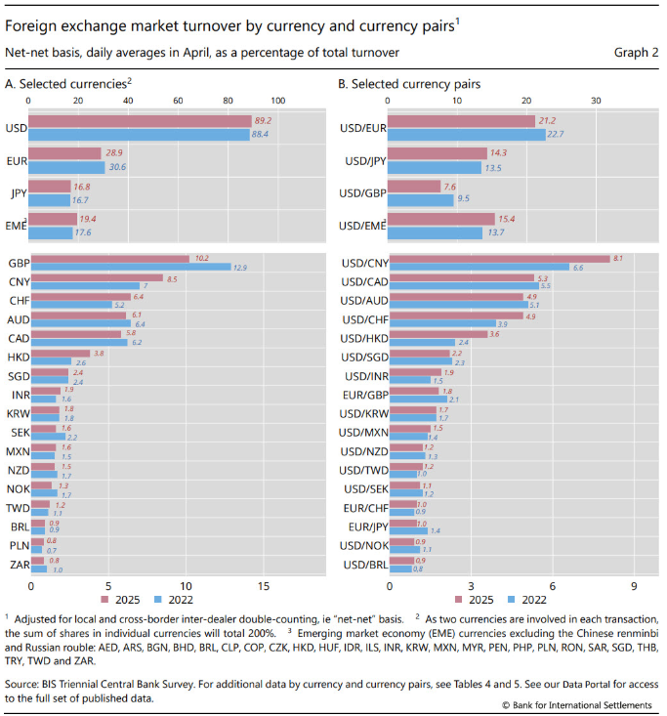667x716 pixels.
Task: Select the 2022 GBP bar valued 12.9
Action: (131, 267)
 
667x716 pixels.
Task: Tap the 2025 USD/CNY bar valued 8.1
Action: (498, 259)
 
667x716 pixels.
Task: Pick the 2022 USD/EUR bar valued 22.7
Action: (467, 134)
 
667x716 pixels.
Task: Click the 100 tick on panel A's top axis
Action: (277, 101)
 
